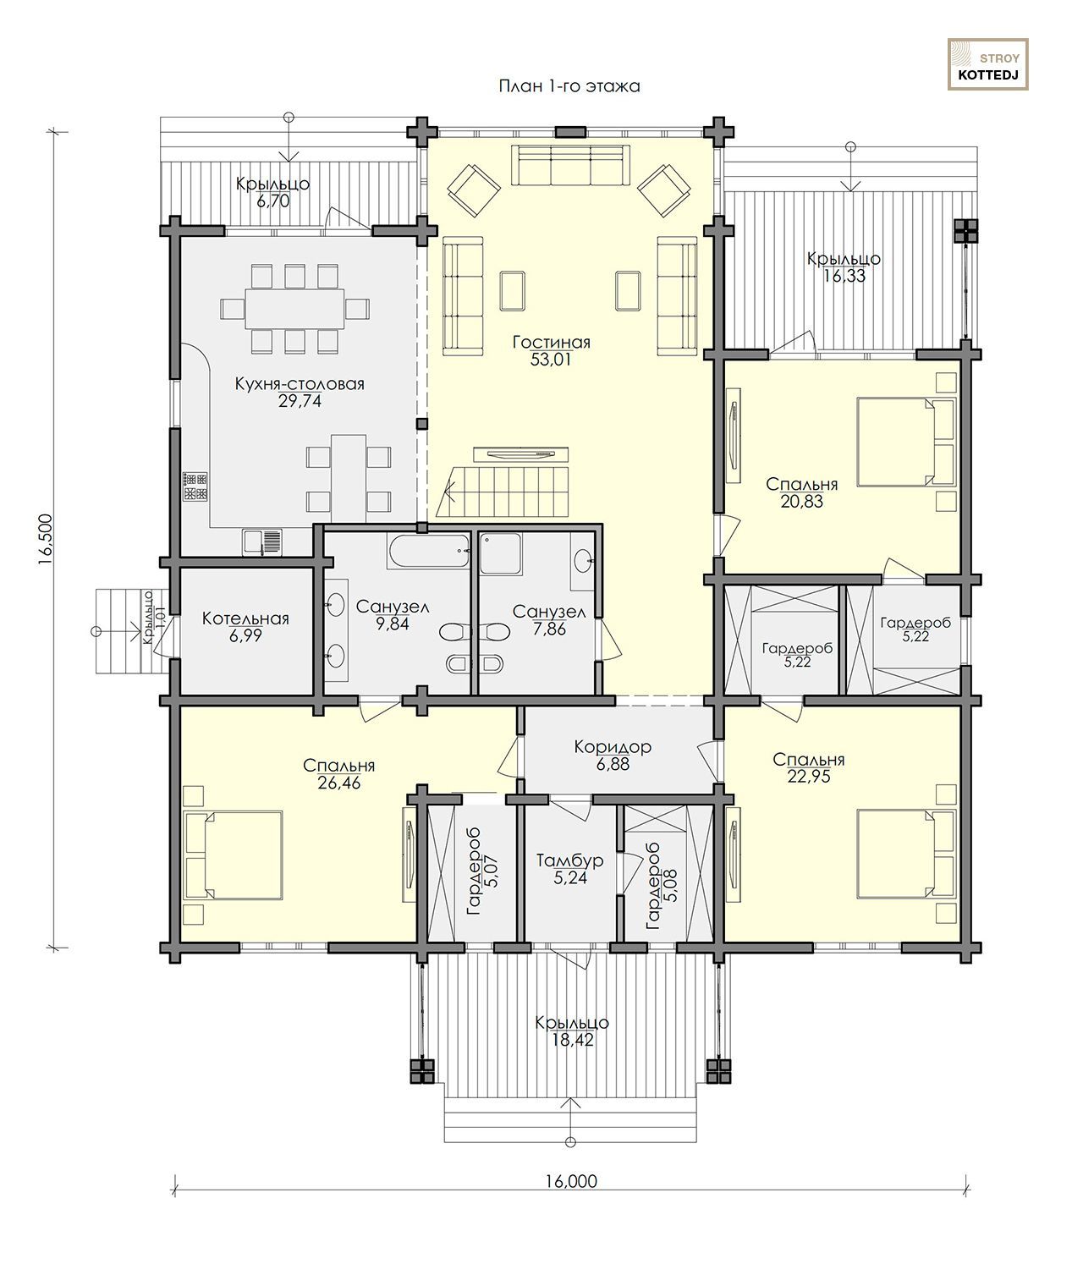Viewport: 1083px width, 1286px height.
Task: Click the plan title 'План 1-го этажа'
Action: pos(569,86)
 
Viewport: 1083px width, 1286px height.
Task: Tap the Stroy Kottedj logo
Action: pos(987,64)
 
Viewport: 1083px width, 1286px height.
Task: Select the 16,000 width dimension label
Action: pos(570,1181)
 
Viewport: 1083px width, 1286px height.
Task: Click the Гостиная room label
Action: pos(552,342)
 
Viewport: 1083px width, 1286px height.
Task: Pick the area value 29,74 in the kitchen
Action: pos(300,401)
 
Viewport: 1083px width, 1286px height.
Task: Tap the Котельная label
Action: pos(245,618)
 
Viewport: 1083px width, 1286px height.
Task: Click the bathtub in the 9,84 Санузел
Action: pos(429,550)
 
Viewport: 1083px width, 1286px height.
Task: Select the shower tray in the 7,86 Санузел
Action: pos(501,553)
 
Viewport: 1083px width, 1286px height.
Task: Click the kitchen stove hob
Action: pos(195,486)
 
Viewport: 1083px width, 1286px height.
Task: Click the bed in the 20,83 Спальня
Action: pos(906,442)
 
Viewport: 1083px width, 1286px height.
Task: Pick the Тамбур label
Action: pos(569,860)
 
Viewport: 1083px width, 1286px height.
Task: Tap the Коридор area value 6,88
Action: pos(613,764)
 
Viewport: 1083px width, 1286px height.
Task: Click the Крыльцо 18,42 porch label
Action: pos(572,1031)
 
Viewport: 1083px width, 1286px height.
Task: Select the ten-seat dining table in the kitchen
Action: pos(294,309)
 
